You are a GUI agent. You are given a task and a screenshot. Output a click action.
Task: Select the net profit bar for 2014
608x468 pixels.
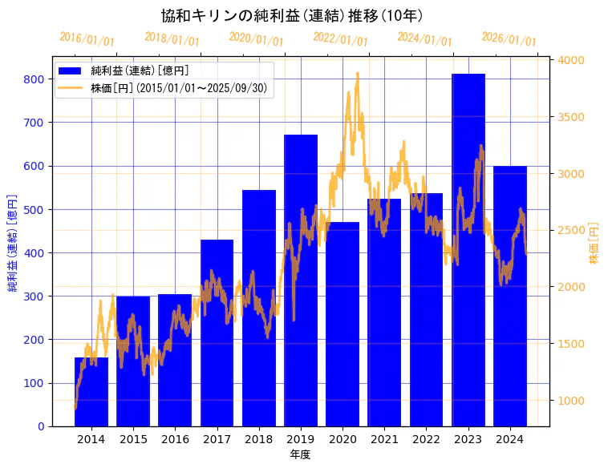point(91,392)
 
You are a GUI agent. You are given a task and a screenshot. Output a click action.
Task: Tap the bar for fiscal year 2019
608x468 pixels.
point(301,280)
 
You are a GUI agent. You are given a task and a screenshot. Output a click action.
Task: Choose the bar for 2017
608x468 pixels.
point(217,333)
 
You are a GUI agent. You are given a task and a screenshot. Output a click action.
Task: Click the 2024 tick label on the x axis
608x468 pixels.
point(510,438)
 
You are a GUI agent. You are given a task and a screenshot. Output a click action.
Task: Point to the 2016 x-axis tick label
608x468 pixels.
point(175,438)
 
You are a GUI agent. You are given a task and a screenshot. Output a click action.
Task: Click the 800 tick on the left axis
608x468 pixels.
point(34,79)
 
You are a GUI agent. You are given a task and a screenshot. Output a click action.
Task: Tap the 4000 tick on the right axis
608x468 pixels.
point(572,60)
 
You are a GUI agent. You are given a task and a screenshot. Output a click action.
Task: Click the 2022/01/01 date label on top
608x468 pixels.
point(341,39)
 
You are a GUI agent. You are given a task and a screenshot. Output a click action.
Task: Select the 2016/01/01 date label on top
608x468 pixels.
point(87,39)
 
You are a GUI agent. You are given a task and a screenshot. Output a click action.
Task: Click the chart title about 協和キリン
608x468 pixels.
point(292,15)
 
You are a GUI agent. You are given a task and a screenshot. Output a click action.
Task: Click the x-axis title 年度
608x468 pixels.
point(300,454)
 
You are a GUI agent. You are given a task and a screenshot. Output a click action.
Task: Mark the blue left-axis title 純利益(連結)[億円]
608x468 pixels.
point(13,243)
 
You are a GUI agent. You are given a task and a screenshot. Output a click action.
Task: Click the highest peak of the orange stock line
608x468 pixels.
point(357,73)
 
